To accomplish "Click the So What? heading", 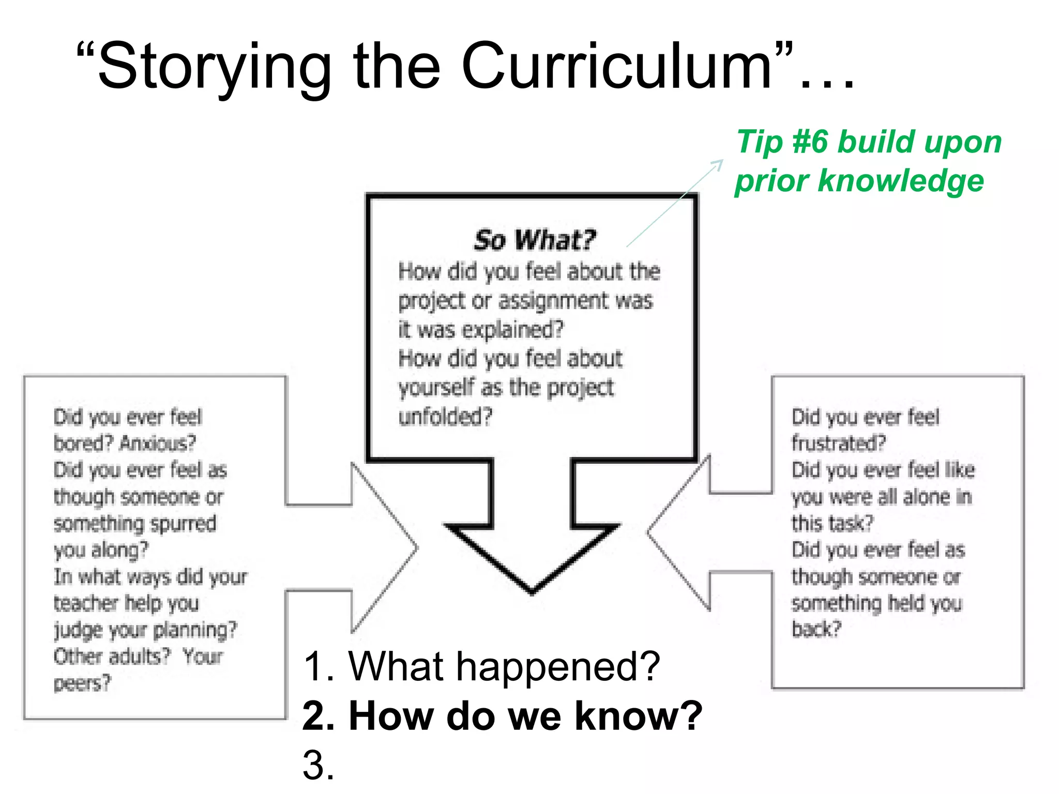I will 535,240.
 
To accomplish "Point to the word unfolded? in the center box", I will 445,416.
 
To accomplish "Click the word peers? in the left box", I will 82,683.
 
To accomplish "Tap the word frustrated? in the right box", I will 838,443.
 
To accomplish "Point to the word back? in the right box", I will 816,629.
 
